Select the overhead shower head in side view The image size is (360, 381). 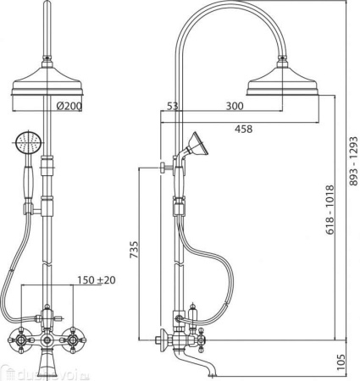[x=283, y=81]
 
